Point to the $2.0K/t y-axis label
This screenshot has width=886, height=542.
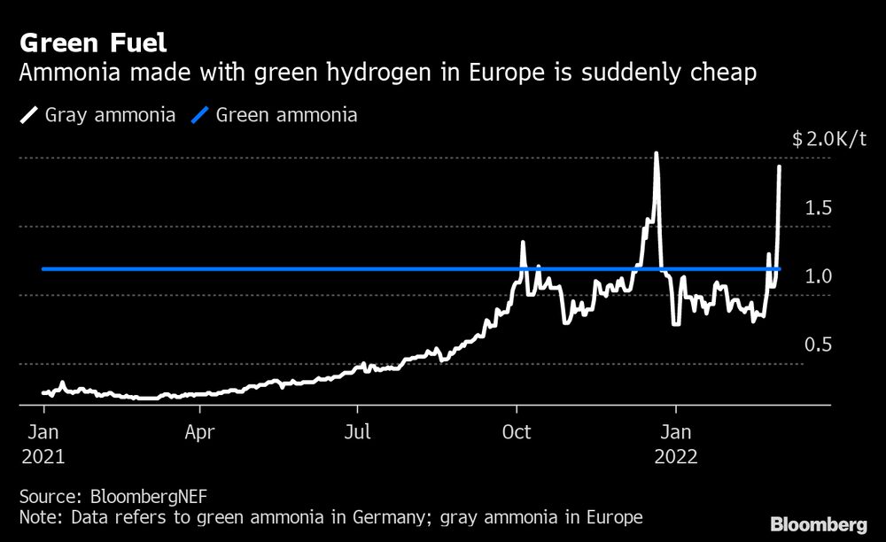[x=829, y=139]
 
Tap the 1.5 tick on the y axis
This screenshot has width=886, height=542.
[x=818, y=208]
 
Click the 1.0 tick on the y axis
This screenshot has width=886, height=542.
[x=818, y=276]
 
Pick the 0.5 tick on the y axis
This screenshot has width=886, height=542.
[x=818, y=345]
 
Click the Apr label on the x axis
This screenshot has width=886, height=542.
[x=200, y=433]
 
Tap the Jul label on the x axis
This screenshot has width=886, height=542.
[x=358, y=433]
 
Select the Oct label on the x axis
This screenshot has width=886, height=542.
[x=517, y=433]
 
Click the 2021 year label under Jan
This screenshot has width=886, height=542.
[x=44, y=457]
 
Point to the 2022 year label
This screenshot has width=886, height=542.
[x=676, y=457]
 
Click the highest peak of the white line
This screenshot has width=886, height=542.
[x=656, y=153]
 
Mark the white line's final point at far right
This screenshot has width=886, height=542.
[x=780, y=166]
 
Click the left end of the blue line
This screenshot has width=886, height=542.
[x=43, y=268]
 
